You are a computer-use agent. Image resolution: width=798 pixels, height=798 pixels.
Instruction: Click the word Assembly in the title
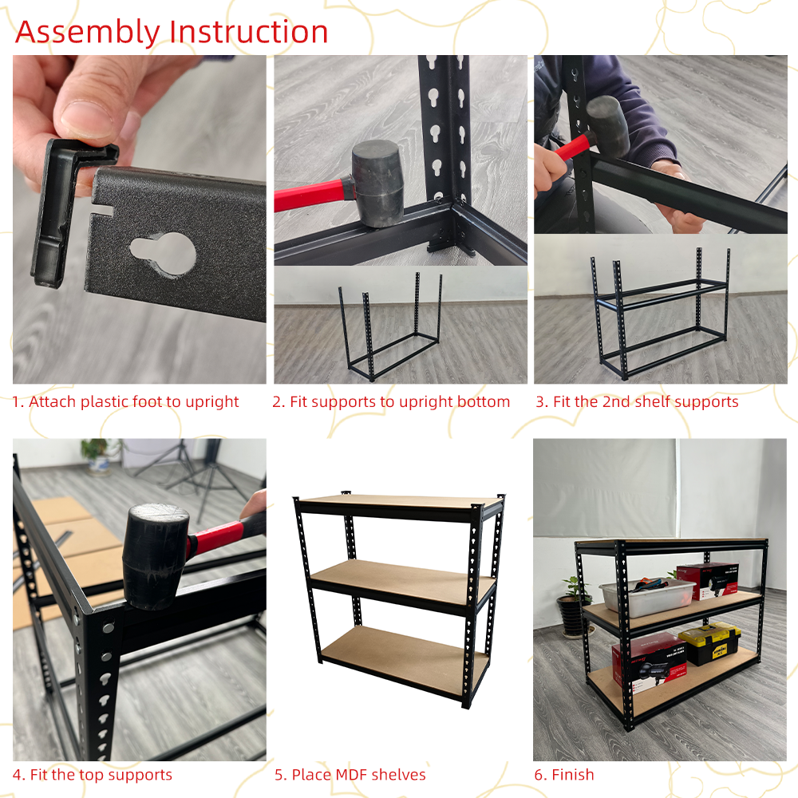pos(88,33)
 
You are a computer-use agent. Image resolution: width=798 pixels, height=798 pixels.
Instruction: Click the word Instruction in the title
pos(249,32)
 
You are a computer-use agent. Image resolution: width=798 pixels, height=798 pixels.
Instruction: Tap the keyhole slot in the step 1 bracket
pos(164,253)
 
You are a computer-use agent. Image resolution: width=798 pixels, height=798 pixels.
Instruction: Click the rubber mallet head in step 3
pos(607,126)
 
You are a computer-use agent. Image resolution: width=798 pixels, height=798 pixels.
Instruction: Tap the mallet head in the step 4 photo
pos(155,555)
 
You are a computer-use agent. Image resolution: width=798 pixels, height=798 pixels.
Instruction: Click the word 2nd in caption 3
pos(616,401)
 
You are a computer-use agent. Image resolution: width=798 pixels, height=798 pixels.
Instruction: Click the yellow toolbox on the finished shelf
pos(709,642)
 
